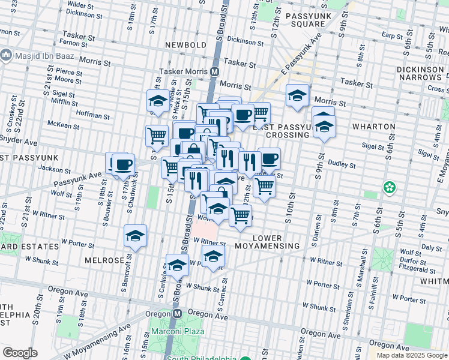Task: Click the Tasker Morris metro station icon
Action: coord(214,71)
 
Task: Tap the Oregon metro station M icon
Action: coord(177,313)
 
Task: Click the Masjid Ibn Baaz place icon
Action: coord(7,55)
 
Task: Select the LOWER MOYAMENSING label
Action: coord(276,242)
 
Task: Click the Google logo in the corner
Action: coord(20,353)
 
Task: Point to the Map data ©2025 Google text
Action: coord(412,355)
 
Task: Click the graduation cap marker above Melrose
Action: coord(136,236)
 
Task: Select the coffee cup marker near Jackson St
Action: coord(123,164)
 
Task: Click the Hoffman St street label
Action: coord(92,113)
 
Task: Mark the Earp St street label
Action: coord(391,36)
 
